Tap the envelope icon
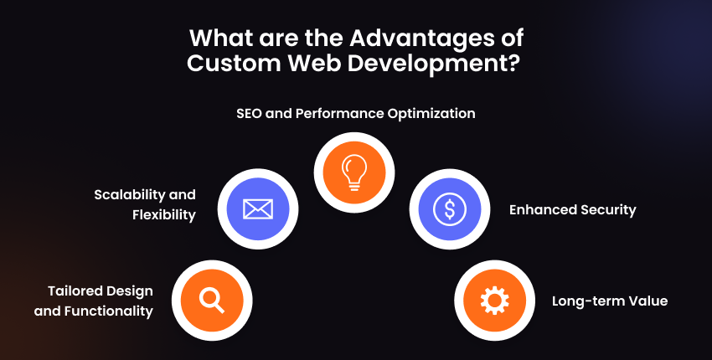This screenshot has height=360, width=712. [258, 208]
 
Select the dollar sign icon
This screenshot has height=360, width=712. [450, 208]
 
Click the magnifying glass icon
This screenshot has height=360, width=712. [212, 301]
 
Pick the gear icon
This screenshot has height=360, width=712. [494, 301]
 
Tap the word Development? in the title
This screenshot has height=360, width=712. [434, 64]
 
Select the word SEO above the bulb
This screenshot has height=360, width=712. [249, 113]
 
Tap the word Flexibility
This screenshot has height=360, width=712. [164, 215]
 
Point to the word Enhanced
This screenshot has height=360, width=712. [539, 210]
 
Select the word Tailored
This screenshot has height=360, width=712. [74, 291]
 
